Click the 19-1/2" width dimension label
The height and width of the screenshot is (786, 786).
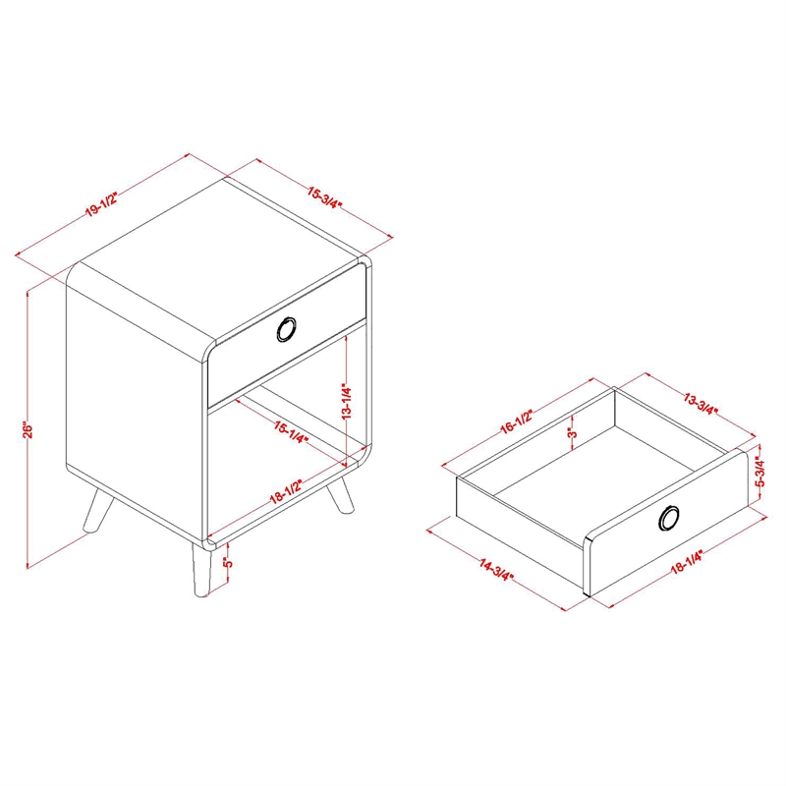click(x=101, y=204)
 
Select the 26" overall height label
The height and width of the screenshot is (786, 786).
click(x=28, y=429)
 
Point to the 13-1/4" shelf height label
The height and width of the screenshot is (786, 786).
click(x=347, y=401)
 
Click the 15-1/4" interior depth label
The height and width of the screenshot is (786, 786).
click(x=290, y=432)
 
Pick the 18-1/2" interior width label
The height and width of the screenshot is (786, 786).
click(x=287, y=490)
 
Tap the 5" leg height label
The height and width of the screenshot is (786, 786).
click(x=228, y=561)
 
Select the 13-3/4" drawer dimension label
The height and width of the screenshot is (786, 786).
click(x=702, y=404)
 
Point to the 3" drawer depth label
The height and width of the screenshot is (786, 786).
click(x=573, y=431)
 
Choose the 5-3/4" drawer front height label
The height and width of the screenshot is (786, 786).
click(x=760, y=473)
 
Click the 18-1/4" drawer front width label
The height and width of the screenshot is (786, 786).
click(x=687, y=562)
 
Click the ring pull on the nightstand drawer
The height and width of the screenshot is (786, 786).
click(x=287, y=330)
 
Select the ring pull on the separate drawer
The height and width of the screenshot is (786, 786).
click(x=668, y=518)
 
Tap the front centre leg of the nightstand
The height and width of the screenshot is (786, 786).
click(x=201, y=571)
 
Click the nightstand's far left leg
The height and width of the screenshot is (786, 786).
click(x=96, y=511)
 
